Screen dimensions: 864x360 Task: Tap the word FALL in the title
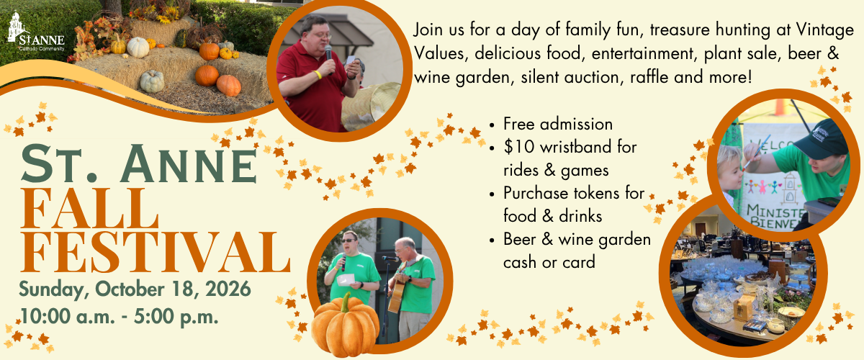(89, 209)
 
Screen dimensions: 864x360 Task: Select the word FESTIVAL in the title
(155, 252)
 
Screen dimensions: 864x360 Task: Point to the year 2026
(228, 289)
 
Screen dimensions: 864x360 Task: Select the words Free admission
(558, 124)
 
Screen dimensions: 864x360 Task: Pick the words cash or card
(549, 262)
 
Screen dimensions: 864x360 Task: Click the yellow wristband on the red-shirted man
(318, 74)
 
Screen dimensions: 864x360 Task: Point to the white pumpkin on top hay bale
(138, 48)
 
